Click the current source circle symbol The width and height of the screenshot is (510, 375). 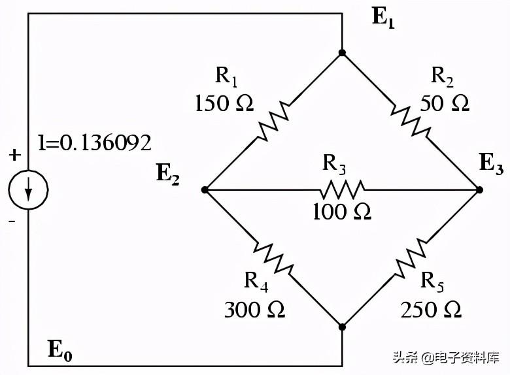[28, 190]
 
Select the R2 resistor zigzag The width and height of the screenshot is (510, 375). [411, 121]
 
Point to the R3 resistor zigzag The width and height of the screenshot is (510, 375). [342, 190]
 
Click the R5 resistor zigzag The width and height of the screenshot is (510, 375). [411, 257]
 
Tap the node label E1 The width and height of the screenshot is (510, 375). [384, 17]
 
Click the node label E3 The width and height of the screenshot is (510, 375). [491, 164]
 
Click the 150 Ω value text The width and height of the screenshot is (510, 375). [224, 103]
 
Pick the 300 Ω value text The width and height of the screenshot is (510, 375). [254, 308]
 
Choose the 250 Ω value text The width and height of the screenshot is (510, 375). [432, 308]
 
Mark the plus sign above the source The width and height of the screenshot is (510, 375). [14, 155]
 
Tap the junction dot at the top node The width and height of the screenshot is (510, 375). [342, 52]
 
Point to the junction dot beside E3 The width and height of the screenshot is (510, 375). [479, 189]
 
